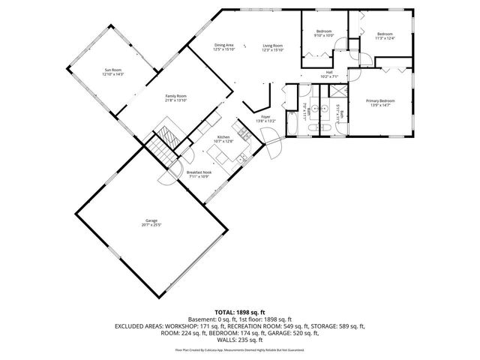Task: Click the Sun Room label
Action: click(x=113, y=70)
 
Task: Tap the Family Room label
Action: click(x=176, y=96)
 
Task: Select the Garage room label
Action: click(x=151, y=220)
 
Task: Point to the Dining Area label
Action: click(x=224, y=45)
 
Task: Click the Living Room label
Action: click(x=272, y=45)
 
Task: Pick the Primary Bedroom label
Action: click(x=380, y=100)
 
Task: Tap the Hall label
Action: click(x=329, y=72)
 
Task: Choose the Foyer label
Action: click(x=265, y=117)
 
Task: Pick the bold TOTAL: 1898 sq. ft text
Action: click(x=240, y=311)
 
